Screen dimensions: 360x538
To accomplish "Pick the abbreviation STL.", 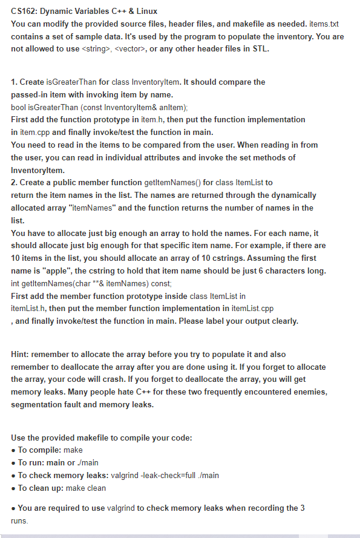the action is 260,49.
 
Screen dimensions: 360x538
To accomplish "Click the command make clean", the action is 86,488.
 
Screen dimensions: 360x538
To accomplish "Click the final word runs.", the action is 19,520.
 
